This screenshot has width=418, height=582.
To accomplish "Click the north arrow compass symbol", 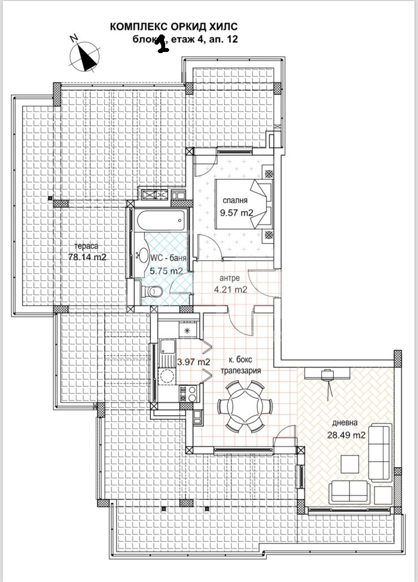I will click(x=84, y=56).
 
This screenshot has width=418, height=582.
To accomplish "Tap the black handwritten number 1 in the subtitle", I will click(x=162, y=44).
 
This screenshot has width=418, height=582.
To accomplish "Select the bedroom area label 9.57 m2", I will click(x=235, y=213).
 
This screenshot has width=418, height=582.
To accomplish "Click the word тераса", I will click(x=88, y=246).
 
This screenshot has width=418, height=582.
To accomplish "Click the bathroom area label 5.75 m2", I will click(x=166, y=271).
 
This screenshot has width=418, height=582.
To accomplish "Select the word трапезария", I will click(x=240, y=371).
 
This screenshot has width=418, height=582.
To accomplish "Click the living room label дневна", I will click(x=344, y=424).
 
